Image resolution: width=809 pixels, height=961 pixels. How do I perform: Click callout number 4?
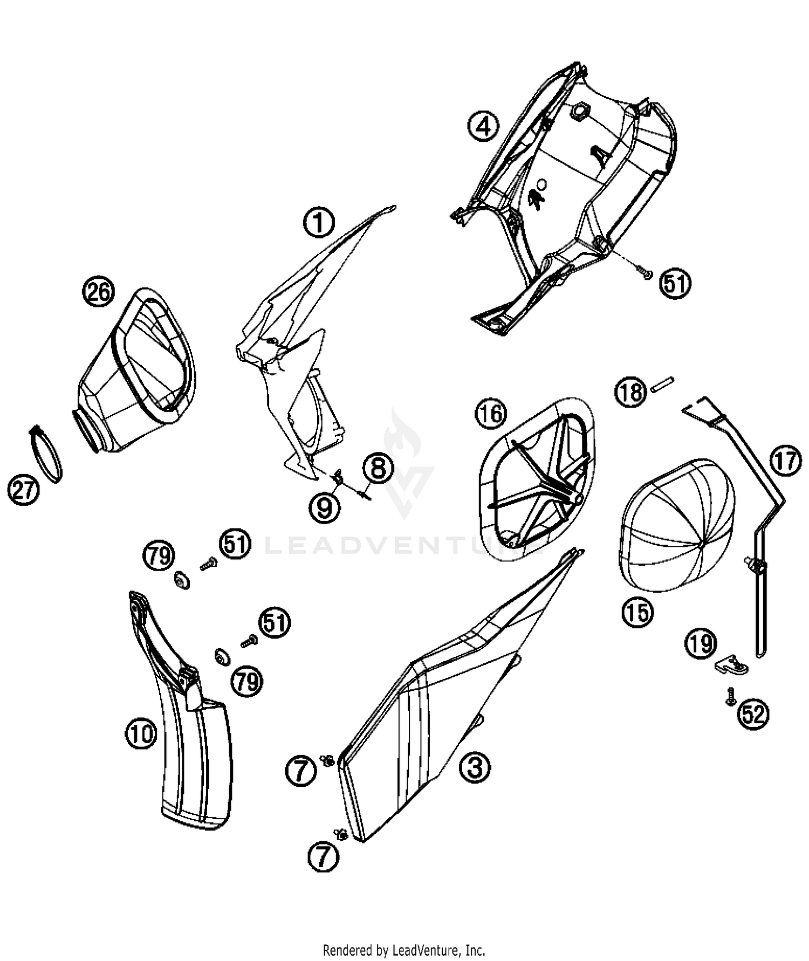[x=483, y=126]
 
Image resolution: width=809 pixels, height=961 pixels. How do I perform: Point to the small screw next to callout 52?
[x=729, y=695]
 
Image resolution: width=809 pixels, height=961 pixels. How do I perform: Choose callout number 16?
[x=491, y=414]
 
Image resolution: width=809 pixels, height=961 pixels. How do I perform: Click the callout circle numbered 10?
[x=141, y=733]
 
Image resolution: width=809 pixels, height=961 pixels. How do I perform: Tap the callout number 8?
[x=378, y=468]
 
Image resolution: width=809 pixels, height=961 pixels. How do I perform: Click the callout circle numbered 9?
[x=324, y=507]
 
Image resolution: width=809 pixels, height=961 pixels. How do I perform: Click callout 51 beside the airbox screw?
[x=675, y=283]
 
